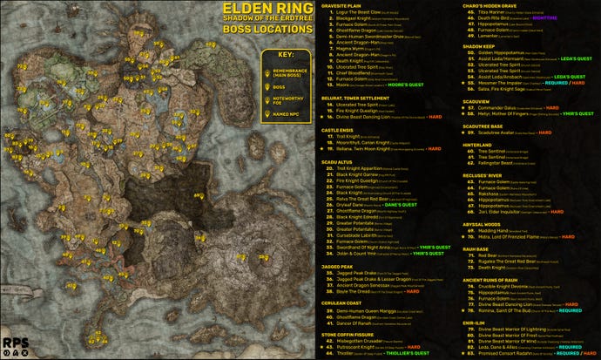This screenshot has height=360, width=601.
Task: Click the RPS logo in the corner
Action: click(16, 344)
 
